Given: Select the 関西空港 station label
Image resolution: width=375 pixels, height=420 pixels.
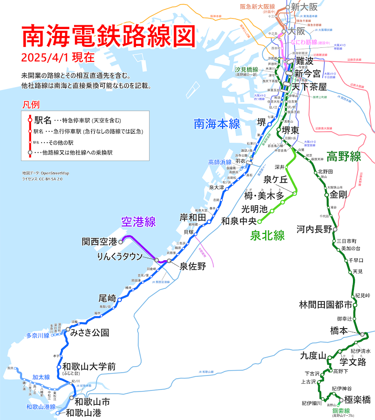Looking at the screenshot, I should click(99, 242).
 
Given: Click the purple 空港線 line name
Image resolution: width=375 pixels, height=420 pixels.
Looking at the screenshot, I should click(138, 222).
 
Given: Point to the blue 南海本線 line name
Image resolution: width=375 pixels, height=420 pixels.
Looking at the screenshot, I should click(217, 124).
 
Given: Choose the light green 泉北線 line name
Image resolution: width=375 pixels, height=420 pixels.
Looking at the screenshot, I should click(268, 236).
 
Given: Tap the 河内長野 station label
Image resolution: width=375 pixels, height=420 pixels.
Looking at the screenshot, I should click(314, 229).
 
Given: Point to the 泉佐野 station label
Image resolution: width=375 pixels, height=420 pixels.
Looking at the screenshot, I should click(193, 266).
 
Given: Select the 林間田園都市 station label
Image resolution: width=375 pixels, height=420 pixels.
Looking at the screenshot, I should click(325, 305).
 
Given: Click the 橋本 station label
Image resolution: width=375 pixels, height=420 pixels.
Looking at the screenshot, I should click(339, 330).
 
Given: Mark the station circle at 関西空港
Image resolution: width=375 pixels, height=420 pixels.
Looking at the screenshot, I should click(120, 242).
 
